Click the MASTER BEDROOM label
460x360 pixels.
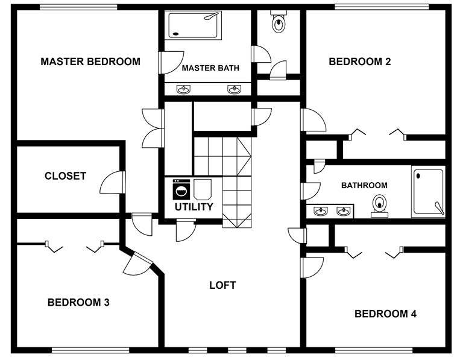click(90, 62)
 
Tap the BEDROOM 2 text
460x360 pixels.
click(360, 62)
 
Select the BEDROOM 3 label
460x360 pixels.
click(78, 302)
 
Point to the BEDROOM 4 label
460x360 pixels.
click(385, 314)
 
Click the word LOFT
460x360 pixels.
click(222, 285)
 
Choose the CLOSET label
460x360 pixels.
click(66, 176)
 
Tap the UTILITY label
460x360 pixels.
click(194, 207)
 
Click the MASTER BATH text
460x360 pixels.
click(210, 68)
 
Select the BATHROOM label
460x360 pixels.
click(364, 186)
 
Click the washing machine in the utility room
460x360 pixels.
click(181, 189)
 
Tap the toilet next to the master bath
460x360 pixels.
click(279, 21)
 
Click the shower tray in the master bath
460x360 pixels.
click(193, 25)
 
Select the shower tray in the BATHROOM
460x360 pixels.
click(428, 192)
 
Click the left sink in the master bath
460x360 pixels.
click(183, 89)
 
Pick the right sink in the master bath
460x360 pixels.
click(235, 89)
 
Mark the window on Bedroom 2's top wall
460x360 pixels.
click(382, 7)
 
